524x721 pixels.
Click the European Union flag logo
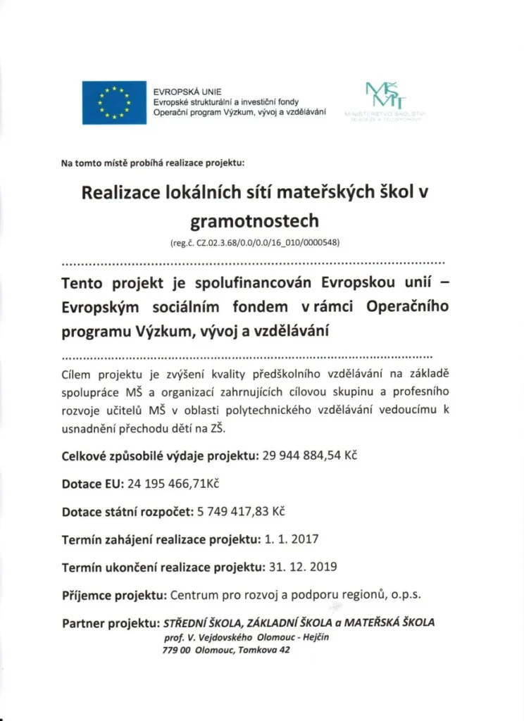pos(114,103)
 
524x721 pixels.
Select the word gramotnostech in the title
pos(254,221)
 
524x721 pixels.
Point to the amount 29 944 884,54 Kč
pos(311,456)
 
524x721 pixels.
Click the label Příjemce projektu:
pos(114,595)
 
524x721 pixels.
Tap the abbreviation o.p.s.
pos(406,595)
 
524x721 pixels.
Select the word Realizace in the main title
pos(119,193)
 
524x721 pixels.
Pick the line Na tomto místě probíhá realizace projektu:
pos(153,163)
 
